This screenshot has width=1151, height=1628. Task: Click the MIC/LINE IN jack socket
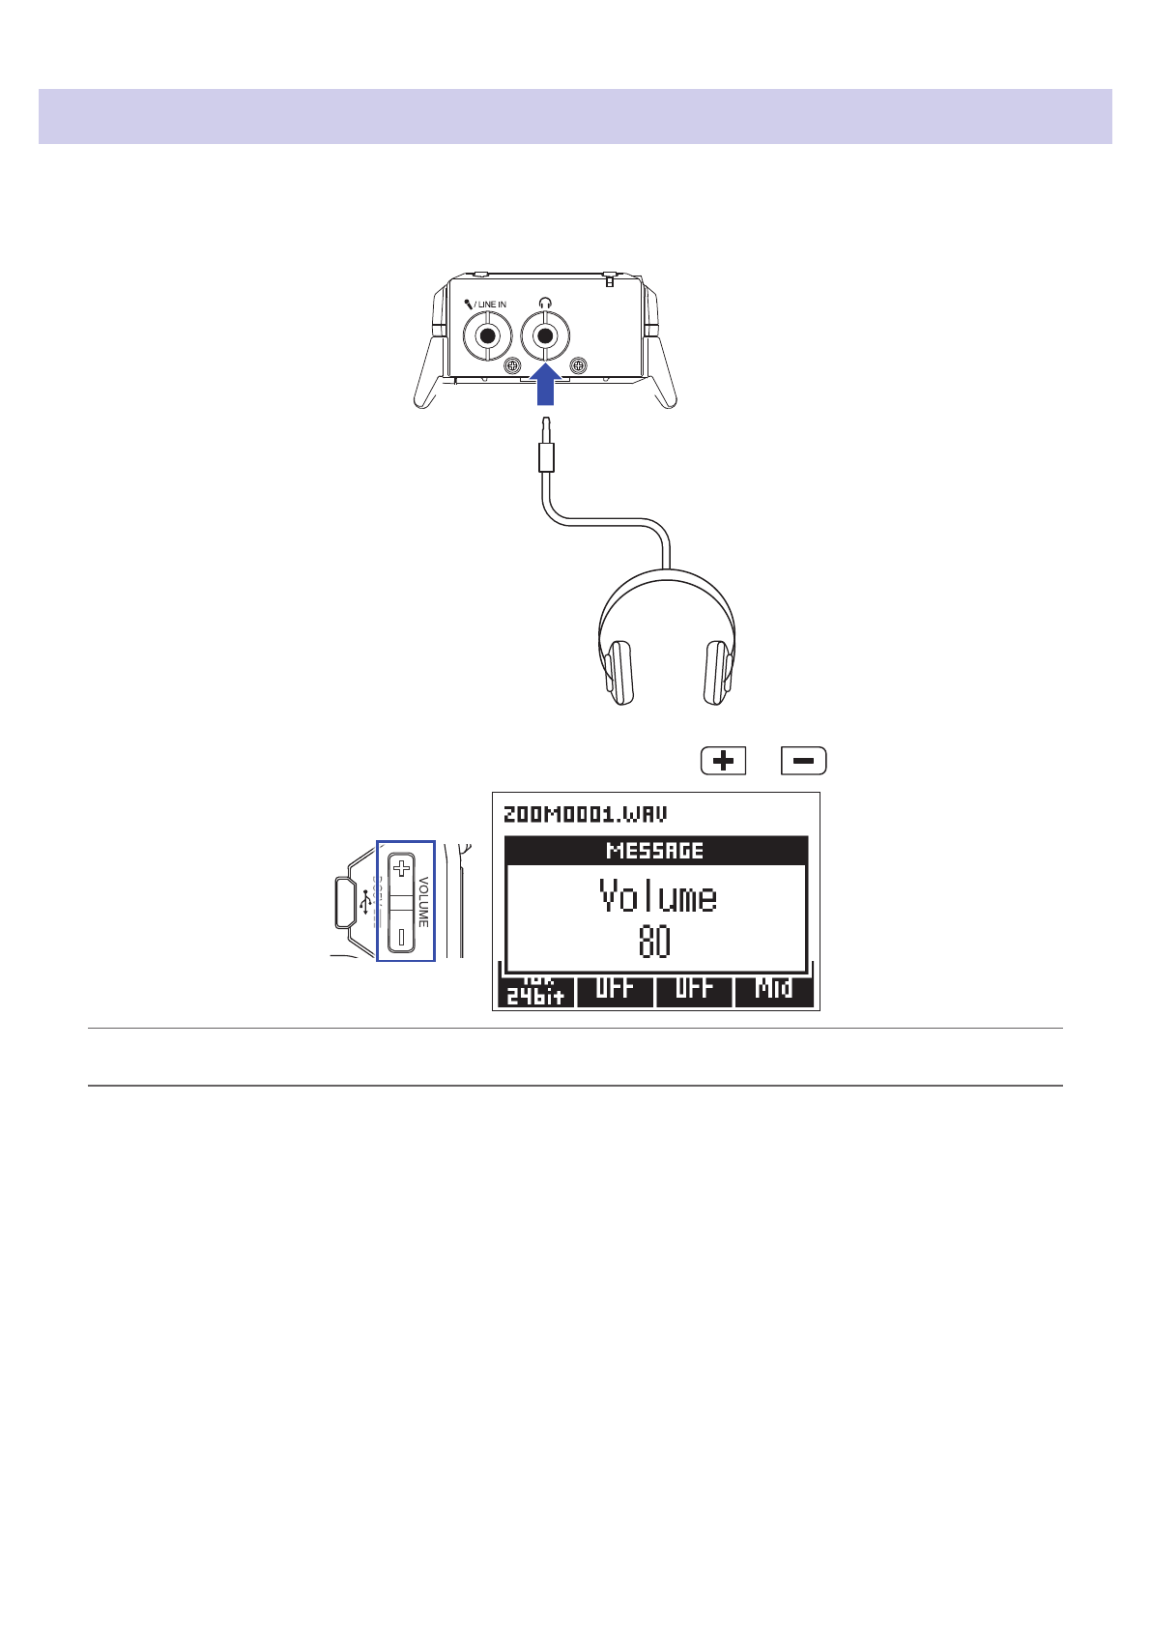[488, 336]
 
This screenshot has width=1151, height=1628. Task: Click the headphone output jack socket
[545, 336]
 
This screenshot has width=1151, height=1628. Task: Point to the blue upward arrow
[545, 386]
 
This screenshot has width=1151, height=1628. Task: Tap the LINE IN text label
[492, 305]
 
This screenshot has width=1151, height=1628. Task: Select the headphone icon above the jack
[545, 303]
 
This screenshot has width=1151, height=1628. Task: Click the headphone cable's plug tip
[546, 425]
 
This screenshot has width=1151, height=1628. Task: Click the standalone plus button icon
[723, 761]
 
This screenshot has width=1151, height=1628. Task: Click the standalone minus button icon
[803, 761]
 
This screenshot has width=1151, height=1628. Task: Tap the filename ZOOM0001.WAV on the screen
[585, 814]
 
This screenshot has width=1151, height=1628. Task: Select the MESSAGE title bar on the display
[655, 851]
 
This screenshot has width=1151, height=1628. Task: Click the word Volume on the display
[657, 897]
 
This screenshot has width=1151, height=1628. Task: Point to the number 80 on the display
[654, 942]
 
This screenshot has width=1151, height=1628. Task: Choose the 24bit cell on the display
[535, 992]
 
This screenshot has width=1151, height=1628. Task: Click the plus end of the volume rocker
[401, 868]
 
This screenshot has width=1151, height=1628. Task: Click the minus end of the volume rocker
[401, 936]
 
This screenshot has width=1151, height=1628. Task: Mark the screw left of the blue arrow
[513, 365]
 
